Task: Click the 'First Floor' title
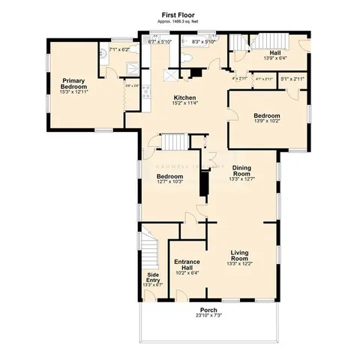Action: pyautogui.click(x=180, y=15)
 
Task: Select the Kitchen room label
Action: pyautogui.click(x=185, y=98)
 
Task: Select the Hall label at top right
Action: pyautogui.click(x=275, y=52)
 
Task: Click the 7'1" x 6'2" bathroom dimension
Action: pyautogui.click(x=119, y=49)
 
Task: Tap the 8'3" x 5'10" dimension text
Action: pyautogui.click(x=203, y=42)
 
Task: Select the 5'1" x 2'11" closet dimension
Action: pyautogui.click(x=292, y=78)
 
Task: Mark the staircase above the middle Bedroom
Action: pyautogui.click(x=174, y=142)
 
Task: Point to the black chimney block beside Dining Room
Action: pyautogui.click(x=202, y=184)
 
